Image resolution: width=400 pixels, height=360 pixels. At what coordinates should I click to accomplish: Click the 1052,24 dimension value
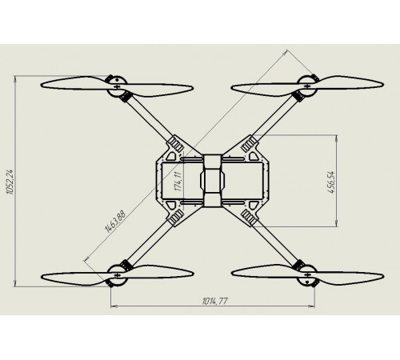(10, 182)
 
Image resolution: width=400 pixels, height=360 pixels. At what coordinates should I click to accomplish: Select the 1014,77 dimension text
(215, 302)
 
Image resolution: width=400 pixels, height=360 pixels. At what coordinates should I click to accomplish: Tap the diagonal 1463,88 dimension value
(115, 222)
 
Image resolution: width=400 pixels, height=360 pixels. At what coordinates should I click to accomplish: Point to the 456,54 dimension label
(331, 182)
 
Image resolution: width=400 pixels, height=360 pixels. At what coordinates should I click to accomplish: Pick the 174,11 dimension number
(178, 182)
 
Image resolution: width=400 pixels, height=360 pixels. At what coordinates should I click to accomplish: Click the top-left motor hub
(117, 86)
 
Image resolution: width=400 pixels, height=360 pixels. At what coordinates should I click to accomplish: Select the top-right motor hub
(307, 86)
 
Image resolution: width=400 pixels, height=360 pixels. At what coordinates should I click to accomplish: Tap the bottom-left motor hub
(117, 275)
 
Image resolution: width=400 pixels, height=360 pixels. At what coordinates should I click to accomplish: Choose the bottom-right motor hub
(307, 275)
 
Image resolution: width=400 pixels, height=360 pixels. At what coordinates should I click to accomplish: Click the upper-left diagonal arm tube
(150, 118)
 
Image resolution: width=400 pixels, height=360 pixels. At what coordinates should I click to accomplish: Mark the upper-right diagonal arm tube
(275, 118)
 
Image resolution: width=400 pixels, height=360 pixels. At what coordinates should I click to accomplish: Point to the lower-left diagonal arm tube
(150, 243)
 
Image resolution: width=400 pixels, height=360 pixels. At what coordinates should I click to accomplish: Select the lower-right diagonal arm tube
(275, 243)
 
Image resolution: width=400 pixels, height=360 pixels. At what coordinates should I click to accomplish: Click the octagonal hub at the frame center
(213, 180)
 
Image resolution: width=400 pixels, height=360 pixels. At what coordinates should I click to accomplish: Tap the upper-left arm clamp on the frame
(176, 145)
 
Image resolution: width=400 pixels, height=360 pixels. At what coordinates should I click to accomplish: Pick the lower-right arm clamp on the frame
(249, 217)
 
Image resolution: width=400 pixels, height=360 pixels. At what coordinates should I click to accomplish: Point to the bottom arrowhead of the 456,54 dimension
(337, 223)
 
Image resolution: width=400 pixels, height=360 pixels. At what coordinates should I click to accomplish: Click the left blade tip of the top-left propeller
(42, 86)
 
